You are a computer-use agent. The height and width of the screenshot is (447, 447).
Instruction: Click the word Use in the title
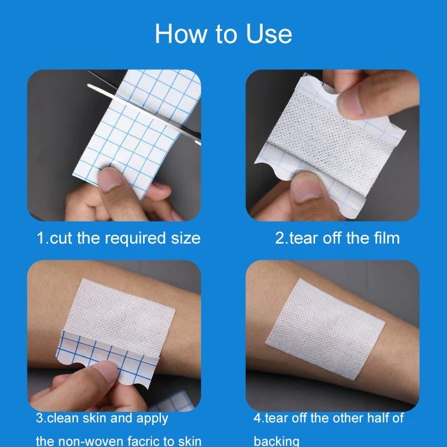click(269, 34)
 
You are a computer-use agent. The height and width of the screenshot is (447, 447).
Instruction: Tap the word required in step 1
click(135, 239)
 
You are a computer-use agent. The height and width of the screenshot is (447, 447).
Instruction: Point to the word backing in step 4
click(277, 441)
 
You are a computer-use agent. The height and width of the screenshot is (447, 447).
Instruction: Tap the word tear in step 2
click(303, 239)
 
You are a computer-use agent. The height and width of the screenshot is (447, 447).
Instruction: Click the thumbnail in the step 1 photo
click(110, 179)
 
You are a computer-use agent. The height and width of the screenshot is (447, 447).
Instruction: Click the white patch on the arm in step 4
click(325, 329)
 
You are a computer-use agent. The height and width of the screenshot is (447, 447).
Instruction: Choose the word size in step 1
click(186, 239)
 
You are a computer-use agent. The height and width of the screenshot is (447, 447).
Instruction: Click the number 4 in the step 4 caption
click(258, 418)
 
